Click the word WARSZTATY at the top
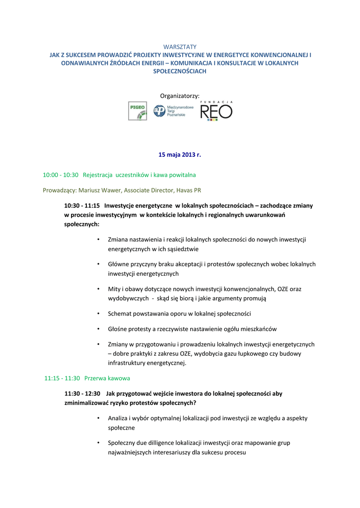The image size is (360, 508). point(180,47)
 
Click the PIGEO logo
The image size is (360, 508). point(138,111)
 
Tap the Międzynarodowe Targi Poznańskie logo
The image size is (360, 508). point(173,111)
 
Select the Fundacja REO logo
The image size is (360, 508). point(216,110)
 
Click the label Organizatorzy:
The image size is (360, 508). point(180,95)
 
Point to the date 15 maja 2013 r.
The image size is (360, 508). point(180,155)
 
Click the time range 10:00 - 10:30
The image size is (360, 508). point(61,175)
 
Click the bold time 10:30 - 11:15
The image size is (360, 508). point(82,205)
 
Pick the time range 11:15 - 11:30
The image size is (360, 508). point(62,378)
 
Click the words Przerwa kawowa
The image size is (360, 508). point(107,378)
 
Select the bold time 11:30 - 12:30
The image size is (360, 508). point(82,393)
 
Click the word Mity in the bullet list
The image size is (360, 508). point(114,289)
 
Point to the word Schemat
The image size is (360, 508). point(120,314)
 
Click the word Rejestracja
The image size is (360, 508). point(98,175)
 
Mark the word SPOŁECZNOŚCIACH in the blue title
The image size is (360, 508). point(180,71)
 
